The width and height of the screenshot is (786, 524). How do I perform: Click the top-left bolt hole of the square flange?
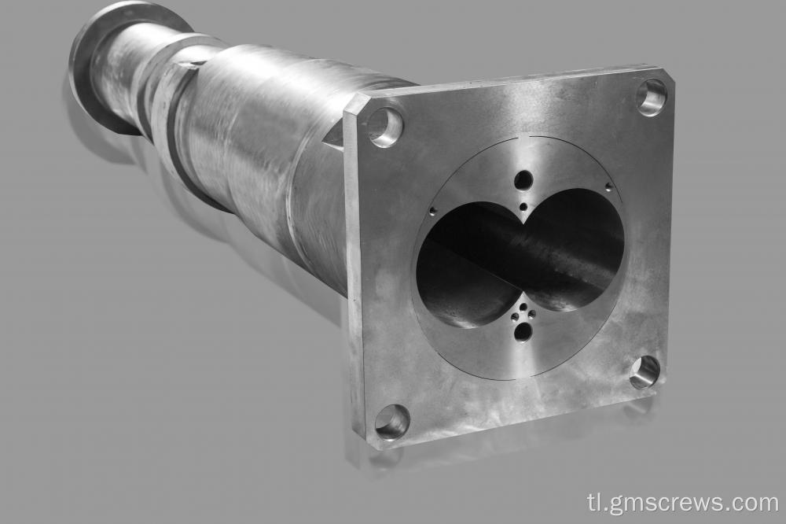384,126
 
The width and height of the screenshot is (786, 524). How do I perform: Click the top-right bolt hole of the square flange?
652,97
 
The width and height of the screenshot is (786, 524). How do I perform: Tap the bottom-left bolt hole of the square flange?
392,422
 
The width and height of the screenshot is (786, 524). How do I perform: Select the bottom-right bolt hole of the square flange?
645,371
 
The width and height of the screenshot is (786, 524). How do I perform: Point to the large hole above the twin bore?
523,180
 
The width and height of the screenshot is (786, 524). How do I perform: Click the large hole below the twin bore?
523,332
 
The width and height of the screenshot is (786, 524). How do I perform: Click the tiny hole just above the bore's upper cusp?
523,207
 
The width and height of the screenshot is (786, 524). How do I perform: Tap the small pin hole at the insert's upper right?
609,186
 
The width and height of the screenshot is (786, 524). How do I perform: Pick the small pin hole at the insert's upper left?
433,211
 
